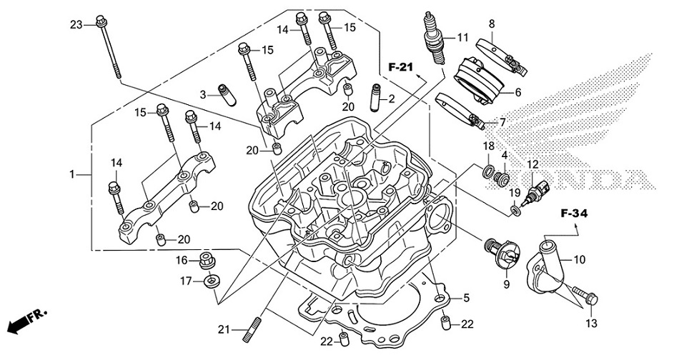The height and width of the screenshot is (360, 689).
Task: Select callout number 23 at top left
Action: [76, 24]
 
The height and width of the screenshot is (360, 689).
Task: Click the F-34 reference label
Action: [573, 214]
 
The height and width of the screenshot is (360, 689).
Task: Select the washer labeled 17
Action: [210, 282]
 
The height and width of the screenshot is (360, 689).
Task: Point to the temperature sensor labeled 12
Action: [537, 191]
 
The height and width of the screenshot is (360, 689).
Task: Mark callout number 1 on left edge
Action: [71, 174]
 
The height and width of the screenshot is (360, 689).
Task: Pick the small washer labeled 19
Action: [515, 209]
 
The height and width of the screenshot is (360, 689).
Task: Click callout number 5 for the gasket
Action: [465, 297]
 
